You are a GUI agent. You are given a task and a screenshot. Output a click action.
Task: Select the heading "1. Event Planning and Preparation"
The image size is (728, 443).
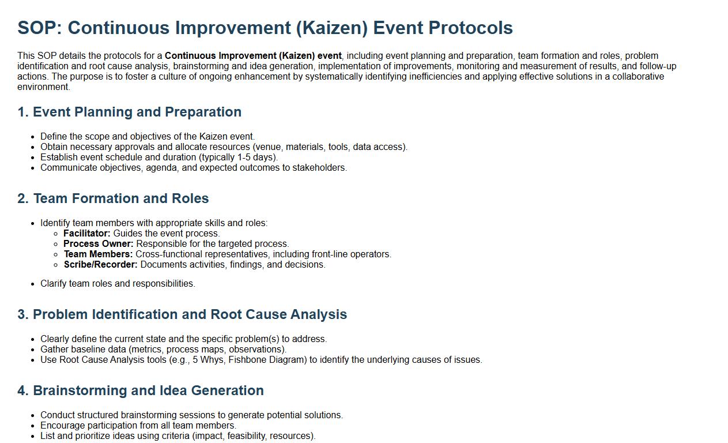pyautogui.click(x=129, y=112)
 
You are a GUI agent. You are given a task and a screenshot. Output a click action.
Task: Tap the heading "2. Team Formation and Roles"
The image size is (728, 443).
pyautogui.click(x=113, y=198)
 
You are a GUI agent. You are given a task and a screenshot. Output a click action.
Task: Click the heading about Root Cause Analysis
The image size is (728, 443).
pyautogui.click(x=182, y=314)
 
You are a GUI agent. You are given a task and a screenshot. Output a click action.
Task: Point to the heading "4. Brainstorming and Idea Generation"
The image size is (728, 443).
pyautogui.click(x=141, y=391)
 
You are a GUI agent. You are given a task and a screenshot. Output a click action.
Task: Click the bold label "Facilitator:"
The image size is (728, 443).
pyautogui.click(x=87, y=234)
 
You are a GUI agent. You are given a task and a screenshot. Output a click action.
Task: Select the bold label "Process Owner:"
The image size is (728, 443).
pyautogui.click(x=99, y=244)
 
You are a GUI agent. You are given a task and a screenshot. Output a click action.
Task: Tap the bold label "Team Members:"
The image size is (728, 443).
pyautogui.click(x=98, y=254)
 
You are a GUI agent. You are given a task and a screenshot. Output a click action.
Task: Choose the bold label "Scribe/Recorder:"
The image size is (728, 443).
pyautogui.click(x=101, y=265)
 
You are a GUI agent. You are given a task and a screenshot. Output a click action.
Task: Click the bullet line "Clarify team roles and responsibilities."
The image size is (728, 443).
pyautogui.click(x=118, y=284)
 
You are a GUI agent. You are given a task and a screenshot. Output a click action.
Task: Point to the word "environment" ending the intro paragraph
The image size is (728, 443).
pyautogui.click(x=43, y=87)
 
